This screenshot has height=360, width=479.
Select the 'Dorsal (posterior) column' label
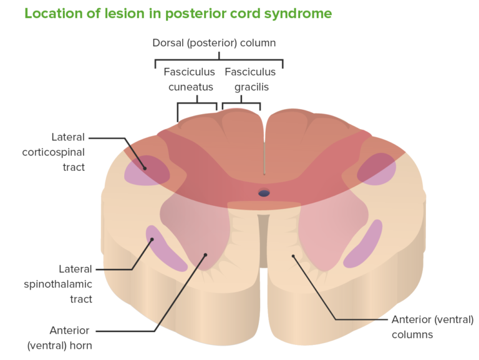tap(214, 43)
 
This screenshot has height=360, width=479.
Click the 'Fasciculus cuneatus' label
tap(190, 79)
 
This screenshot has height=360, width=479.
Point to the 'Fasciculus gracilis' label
tap(251, 79)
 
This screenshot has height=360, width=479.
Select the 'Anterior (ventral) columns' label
tap(432, 327)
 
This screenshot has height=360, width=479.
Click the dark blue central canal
tap(264, 193)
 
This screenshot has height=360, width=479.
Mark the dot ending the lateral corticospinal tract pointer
tap(145, 167)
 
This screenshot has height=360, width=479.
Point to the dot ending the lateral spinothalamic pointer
tap(152, 239)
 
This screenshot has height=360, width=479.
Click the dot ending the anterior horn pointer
tap(205, 254)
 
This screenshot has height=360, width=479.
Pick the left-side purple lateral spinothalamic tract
tap(165, 249)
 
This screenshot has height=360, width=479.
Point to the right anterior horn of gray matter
tap(324, 231)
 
